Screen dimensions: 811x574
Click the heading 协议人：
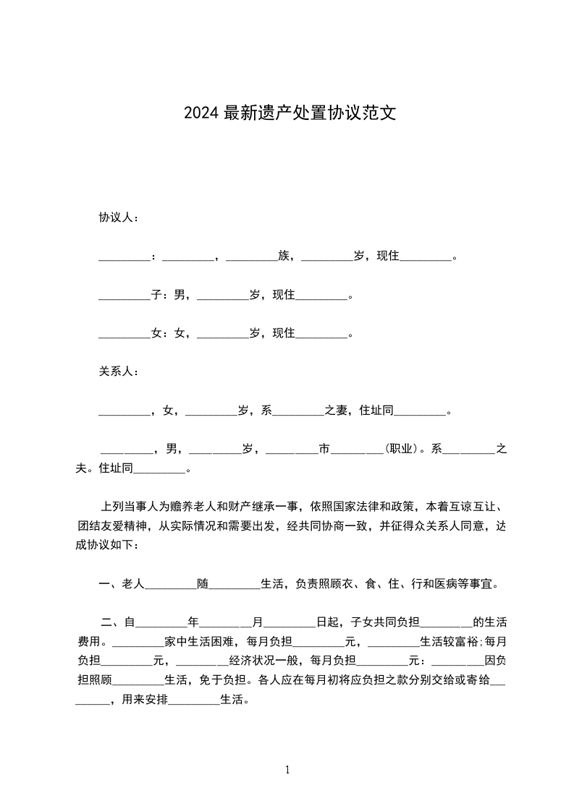click(x=119, y=218)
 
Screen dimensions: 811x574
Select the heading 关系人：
click(x=119, y=372)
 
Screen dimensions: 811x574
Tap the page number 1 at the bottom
click(x=287, y=770)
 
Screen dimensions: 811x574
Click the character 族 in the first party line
click(x=284, y=256)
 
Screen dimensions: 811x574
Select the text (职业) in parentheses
click(x=402, y=449)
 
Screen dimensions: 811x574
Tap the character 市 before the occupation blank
click(x=324, y=449)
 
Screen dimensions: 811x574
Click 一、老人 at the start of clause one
click(x=122, y=583)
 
